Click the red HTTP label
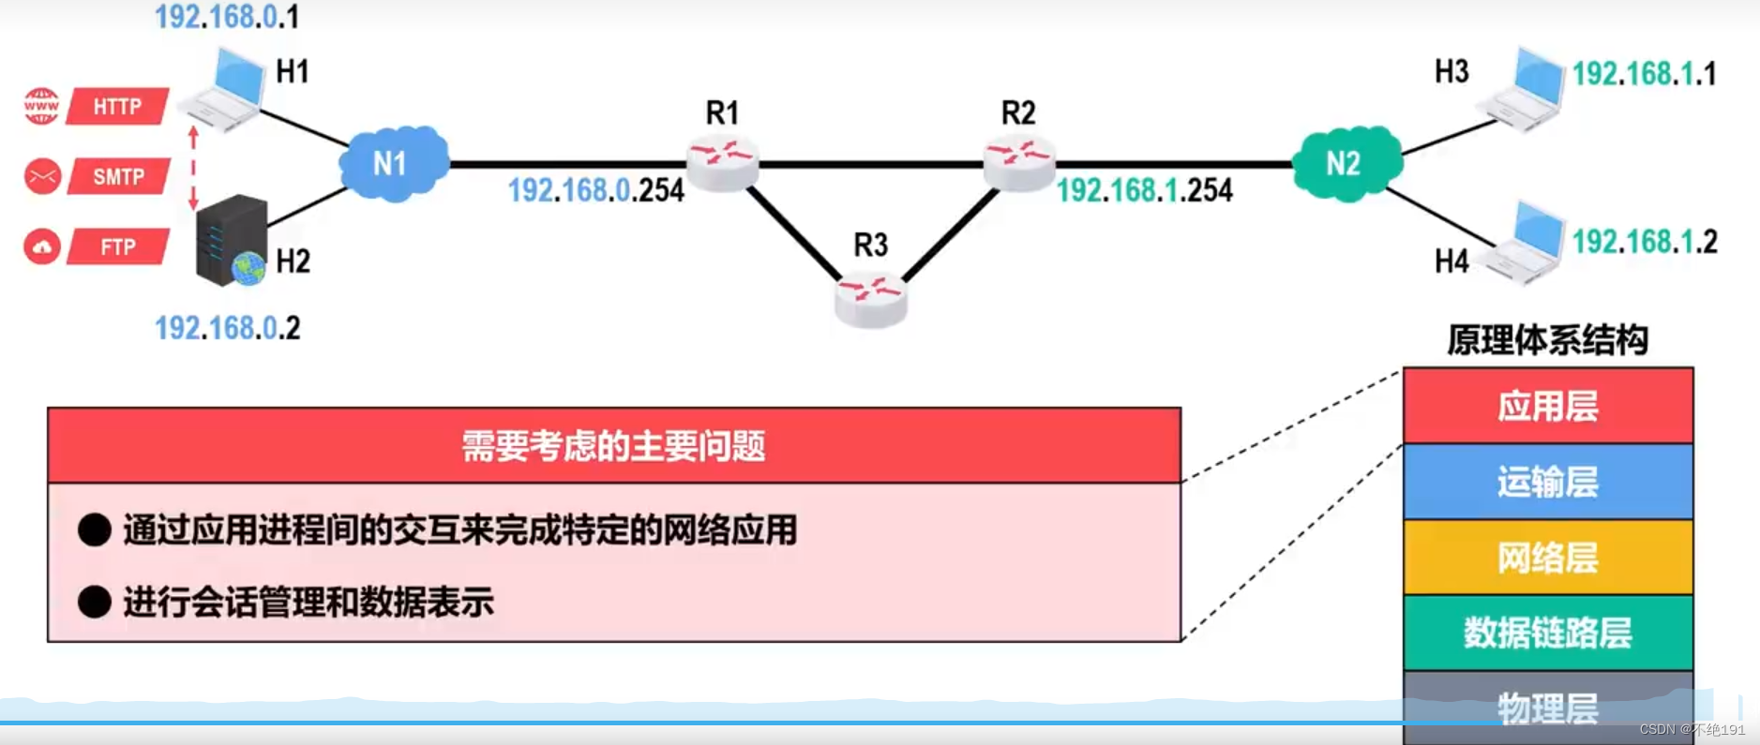coord(118,106)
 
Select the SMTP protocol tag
coord(118,176)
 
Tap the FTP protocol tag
coord(118,247)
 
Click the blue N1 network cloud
coord(393,163)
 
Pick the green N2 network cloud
coord(1346,163)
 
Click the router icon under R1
coord(722,162)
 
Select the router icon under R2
coord(1018,162)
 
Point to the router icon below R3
coord(870,297)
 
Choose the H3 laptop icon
coord(1525,89)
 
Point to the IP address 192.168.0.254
coord(595,190)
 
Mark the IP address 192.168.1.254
coord(1144,190)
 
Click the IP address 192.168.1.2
coord(1645,242)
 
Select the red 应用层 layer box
coord(1547,406)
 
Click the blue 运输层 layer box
coord(1547,482)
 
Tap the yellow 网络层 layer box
coord(1547,558)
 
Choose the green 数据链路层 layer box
coord(1547,633)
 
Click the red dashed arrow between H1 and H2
coord(193,169)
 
